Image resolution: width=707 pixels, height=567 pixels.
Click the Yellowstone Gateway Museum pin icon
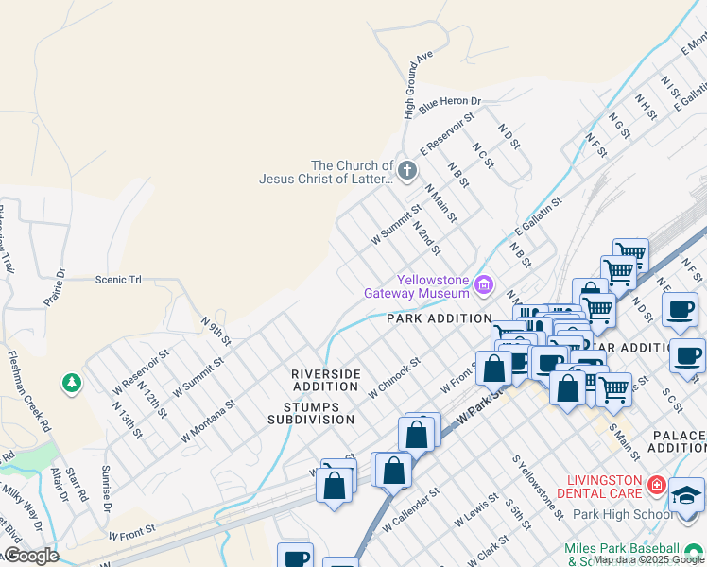point(485,283)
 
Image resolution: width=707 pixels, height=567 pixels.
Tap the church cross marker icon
point(407,171)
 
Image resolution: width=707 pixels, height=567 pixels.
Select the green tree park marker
point(71,383)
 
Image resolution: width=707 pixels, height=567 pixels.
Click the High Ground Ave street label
point(417,85)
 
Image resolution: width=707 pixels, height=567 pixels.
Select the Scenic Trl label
point(117,280)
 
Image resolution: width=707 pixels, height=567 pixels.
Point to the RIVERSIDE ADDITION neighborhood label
point(325,380)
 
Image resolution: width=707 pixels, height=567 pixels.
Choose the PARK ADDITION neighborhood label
point(440,318)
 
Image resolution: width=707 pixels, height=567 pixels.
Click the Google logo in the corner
point(30,555)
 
